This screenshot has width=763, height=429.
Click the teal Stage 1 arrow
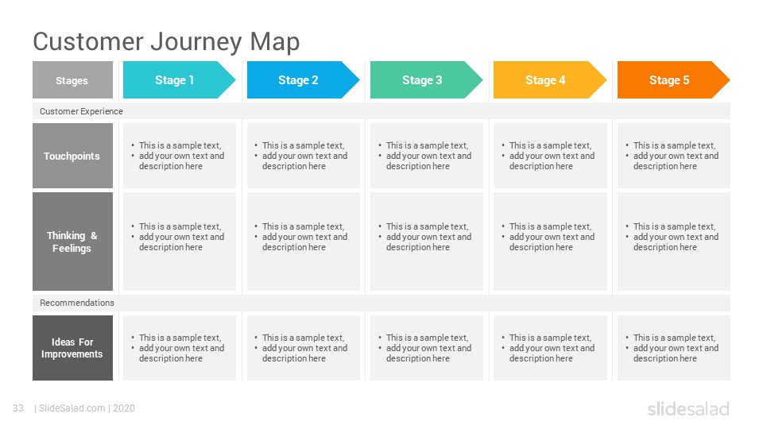pyautogui.click(x=179, y=79)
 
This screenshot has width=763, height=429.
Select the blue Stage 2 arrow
pyautogui.click(x=303, y=79)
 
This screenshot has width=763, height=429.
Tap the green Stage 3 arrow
pyautogui.click(x=426, y=79)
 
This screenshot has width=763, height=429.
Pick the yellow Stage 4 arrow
pyautogui.click(x=550, y=79)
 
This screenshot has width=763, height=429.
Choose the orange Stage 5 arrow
pyautogui.click(x=673, y=79)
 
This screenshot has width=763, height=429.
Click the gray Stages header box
pyautogui.click(x=72, y=79)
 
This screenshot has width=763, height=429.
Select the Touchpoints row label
pyautogui.click(x=72, y=156)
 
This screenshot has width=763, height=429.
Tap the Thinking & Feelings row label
pyautogui.click(x=72, y=242)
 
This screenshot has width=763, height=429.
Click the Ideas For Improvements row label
pyautogui.click(x=72, y=348)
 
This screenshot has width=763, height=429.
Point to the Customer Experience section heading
pyautogui.click(x=81, y=111)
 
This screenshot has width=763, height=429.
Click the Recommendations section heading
pyautogui.click(x=77, y=303)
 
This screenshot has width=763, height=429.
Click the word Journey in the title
pyautogui.click(x=196, y=42)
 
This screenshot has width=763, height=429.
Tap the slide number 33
pyautogui.click(x=18, y=408)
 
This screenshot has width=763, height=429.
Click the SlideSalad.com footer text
pyautogui.click(x=72, y=408)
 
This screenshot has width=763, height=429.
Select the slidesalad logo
pyautogui.click(x=688, y=408)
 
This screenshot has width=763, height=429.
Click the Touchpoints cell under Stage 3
pyautogui.click(x=427, y=156)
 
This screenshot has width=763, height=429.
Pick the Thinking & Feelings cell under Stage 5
pyautogui.click(x=674, y=242)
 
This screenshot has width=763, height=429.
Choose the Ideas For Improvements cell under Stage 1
pyautogui.click(x=180, y=348)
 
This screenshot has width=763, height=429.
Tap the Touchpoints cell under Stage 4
pyautogui.click(x=550, y=156)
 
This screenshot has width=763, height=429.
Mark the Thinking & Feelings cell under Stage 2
pyautogui.click(x=304, y=242)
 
